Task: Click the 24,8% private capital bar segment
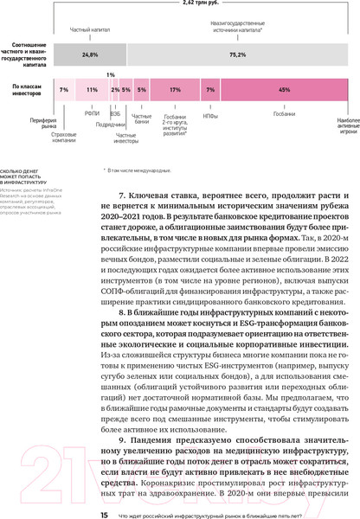[x=90, y=54]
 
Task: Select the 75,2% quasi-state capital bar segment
[x=235, y=54]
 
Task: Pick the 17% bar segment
[x=175, y=89]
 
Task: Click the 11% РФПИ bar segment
[x=92, y=89]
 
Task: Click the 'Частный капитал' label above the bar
[x=89, y=28]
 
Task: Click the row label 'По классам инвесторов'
[x=28, y=89]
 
